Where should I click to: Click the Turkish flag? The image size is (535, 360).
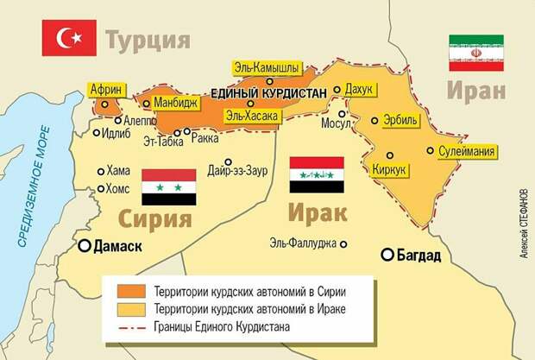68,39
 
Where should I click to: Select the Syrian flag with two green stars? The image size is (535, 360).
168,186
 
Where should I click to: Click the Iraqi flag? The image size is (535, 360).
317,174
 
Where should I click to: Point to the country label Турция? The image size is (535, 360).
148,40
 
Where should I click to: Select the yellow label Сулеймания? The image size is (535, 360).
467,152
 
